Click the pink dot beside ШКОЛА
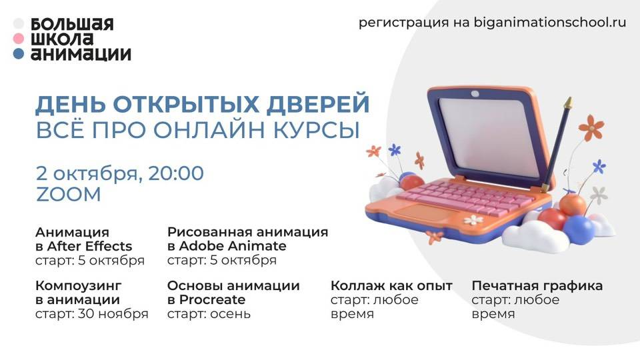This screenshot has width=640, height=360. click(x=19, y=39)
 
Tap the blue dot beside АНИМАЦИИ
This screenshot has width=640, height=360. click(x=19, y=55)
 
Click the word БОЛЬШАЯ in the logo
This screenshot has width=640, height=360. click(x=72, y=25)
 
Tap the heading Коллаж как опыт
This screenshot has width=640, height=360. click(x=391, y=286)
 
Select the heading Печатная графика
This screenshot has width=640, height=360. click(x=537, y=286)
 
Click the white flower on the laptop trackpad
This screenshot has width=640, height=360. click(x=473, y=219)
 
